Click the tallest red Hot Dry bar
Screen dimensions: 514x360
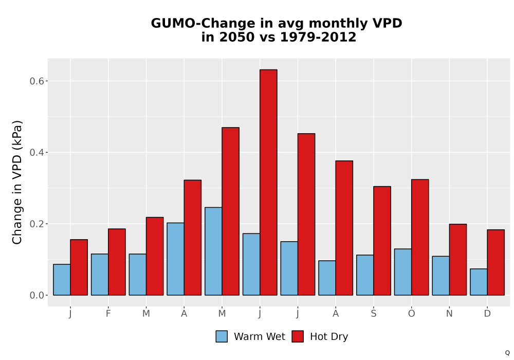coord(268,182)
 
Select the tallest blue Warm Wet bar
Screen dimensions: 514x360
coord(213,251)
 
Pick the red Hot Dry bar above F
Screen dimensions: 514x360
coord(117,262)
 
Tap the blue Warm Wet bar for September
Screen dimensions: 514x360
coord(365,275)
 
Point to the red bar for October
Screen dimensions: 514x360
coord(420,238)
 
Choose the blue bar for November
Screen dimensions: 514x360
coord(441,276)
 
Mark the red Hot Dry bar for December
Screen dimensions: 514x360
coord(495,262)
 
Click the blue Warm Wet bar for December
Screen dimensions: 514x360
coord(479,282)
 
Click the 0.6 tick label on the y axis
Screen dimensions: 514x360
coord(36,81)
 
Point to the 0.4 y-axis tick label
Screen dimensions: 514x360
coord(36,152)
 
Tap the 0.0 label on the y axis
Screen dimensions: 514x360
coord(36,295)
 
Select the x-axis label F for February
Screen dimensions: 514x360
coord(108,314)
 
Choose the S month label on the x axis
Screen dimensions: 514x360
coord(373,314)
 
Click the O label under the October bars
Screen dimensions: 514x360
coord(411,314)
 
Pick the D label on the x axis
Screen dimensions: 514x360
coord(487,314)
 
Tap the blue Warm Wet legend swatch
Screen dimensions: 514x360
coord(222,336)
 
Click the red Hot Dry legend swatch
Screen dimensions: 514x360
coord(298,336)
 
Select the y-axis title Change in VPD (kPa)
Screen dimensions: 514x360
coord(17,182)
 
